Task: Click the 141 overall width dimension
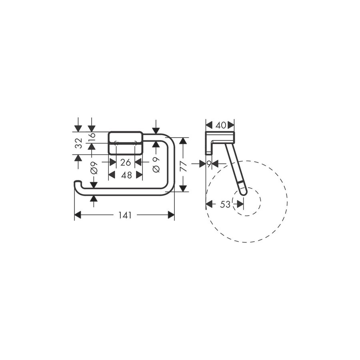125,215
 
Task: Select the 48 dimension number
126,175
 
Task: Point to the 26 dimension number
126,162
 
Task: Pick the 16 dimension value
92,137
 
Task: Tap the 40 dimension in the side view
220,125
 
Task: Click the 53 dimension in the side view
225,204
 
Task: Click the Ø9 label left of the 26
94,168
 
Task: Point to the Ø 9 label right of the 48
156,164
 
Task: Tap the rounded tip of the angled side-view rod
243,192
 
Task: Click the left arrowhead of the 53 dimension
209,204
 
